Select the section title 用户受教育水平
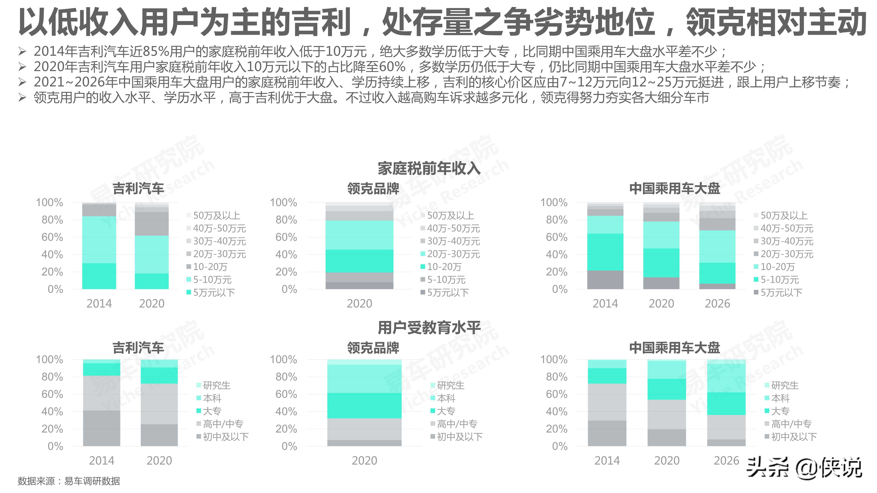(429, 328)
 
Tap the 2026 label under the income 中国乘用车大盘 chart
(717, 304)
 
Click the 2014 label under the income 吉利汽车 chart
(99, 304)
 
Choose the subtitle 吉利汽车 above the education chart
(138, 348)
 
